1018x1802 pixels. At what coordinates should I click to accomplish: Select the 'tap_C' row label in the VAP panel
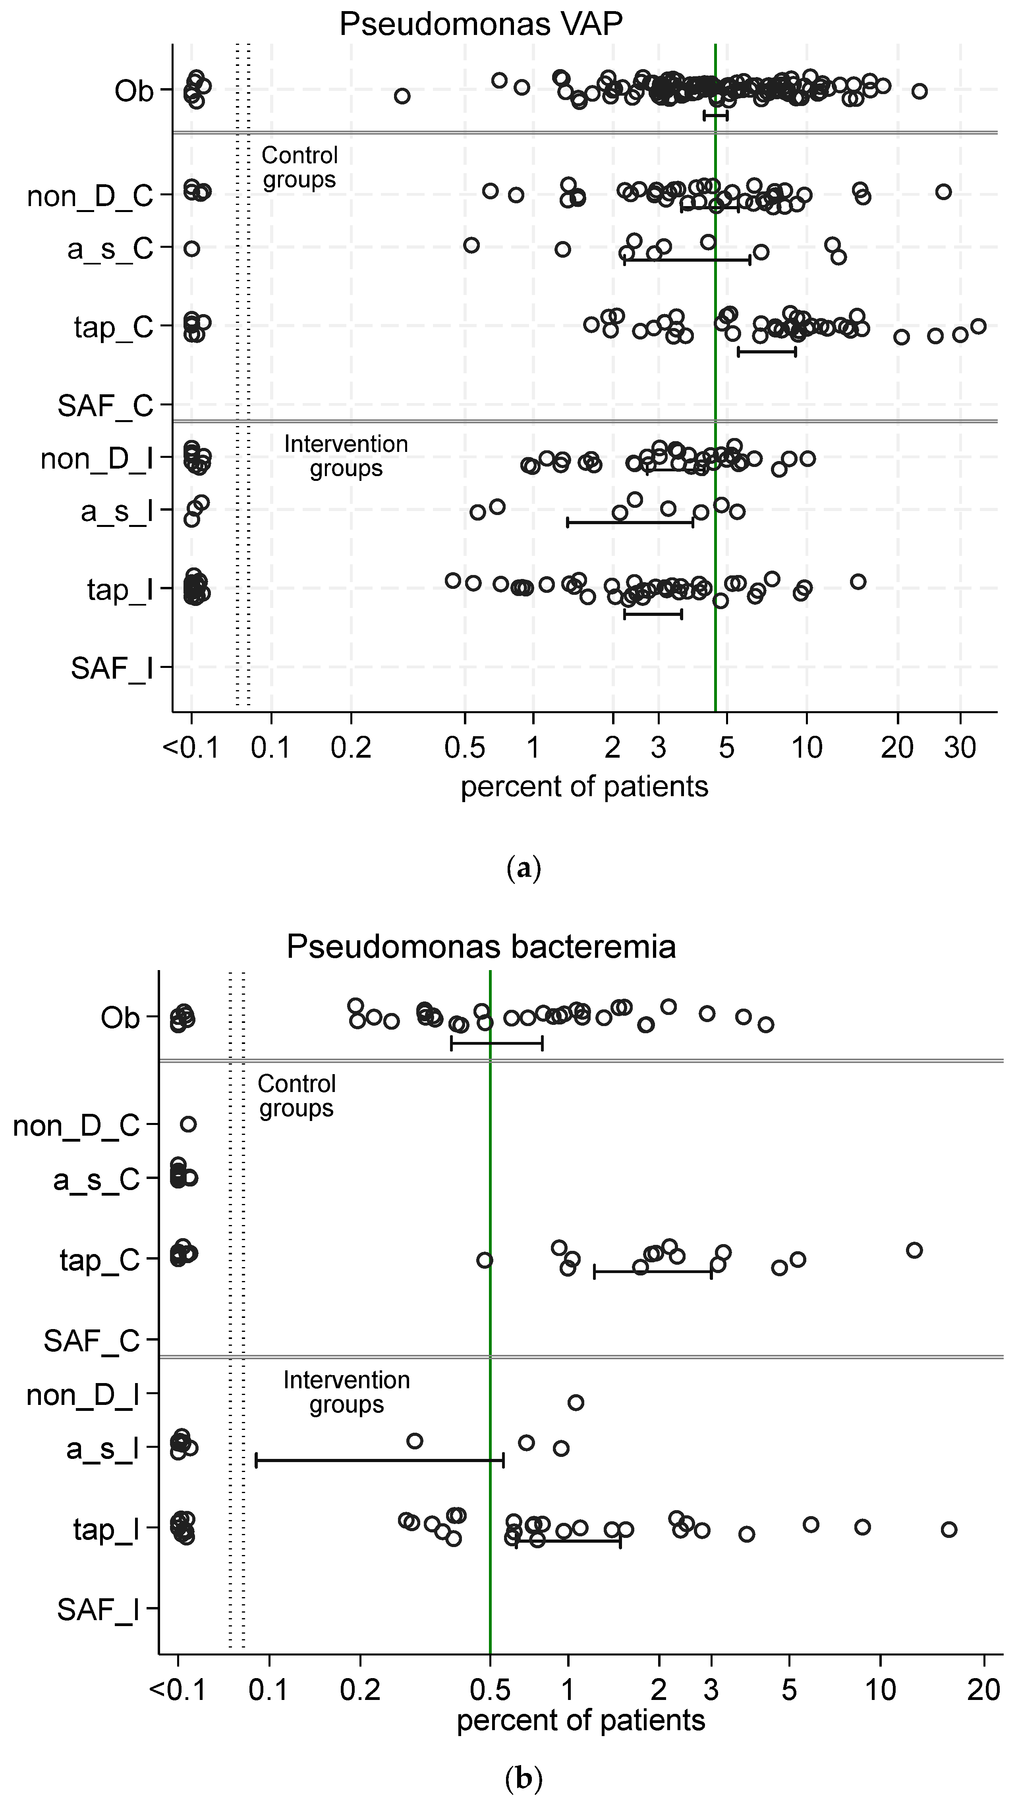coord(113,327)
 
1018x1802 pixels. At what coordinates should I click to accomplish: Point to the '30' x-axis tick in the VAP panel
coord(960,748)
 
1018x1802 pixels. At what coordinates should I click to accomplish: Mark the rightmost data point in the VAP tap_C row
coord(978,326)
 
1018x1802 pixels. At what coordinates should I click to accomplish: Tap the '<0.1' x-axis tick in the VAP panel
coord(191,748)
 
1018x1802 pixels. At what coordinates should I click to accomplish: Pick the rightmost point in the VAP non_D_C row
coord(943,192)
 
